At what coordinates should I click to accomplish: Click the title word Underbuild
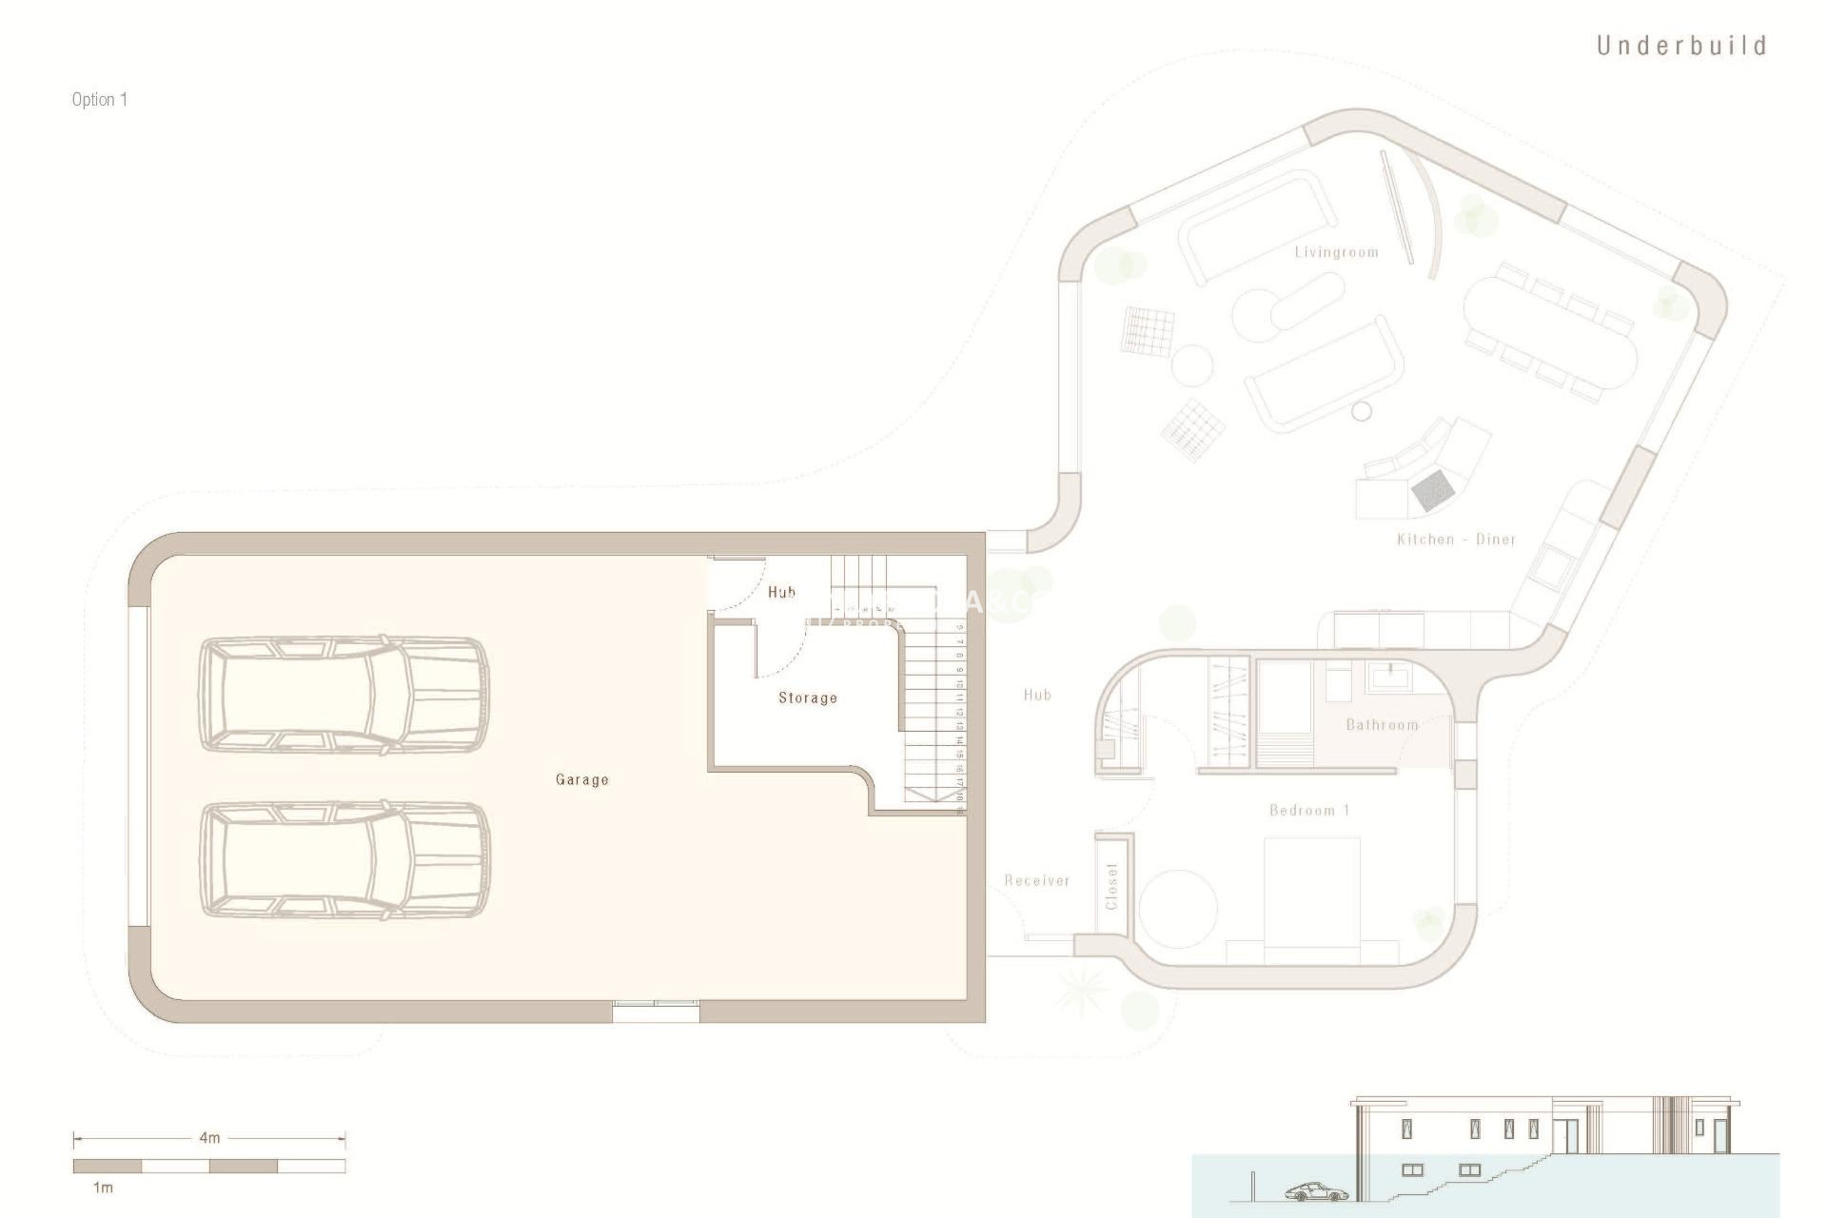pyautogui.click(x=1680, y=46)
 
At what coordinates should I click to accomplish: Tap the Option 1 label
pyautogui.click(x=99, y=99)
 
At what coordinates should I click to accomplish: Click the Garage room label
pyautogui.click(x=581, y=779)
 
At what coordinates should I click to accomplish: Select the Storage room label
pyautogui.click(x=808, y=697)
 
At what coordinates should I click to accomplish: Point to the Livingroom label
pyautogui.click(x=1336, y=252)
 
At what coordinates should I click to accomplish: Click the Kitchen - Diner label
pyautogui.click(x=1456, y=540)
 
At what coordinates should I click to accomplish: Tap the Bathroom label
pyautogui.click(x=1382, y=725)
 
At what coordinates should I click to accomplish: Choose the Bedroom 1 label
pyautogui.click(x=1309, y=811)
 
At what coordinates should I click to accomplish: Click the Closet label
pyautogui.click(x=1111, y=886)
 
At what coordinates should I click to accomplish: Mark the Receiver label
pyautogui.click(x=1037, y=881)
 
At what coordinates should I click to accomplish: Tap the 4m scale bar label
pyautogui.click(x=209, y=1138)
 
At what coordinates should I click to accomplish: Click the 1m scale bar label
pyautogui.click(x=102, y=1188)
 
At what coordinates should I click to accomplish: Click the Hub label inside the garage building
pyautogui.click(x=781, y=592)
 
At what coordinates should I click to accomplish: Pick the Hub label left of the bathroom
pyautogui.click(x=1037, y=695)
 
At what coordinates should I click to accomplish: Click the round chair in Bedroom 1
pyautogui.click(x=1179, y=907)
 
